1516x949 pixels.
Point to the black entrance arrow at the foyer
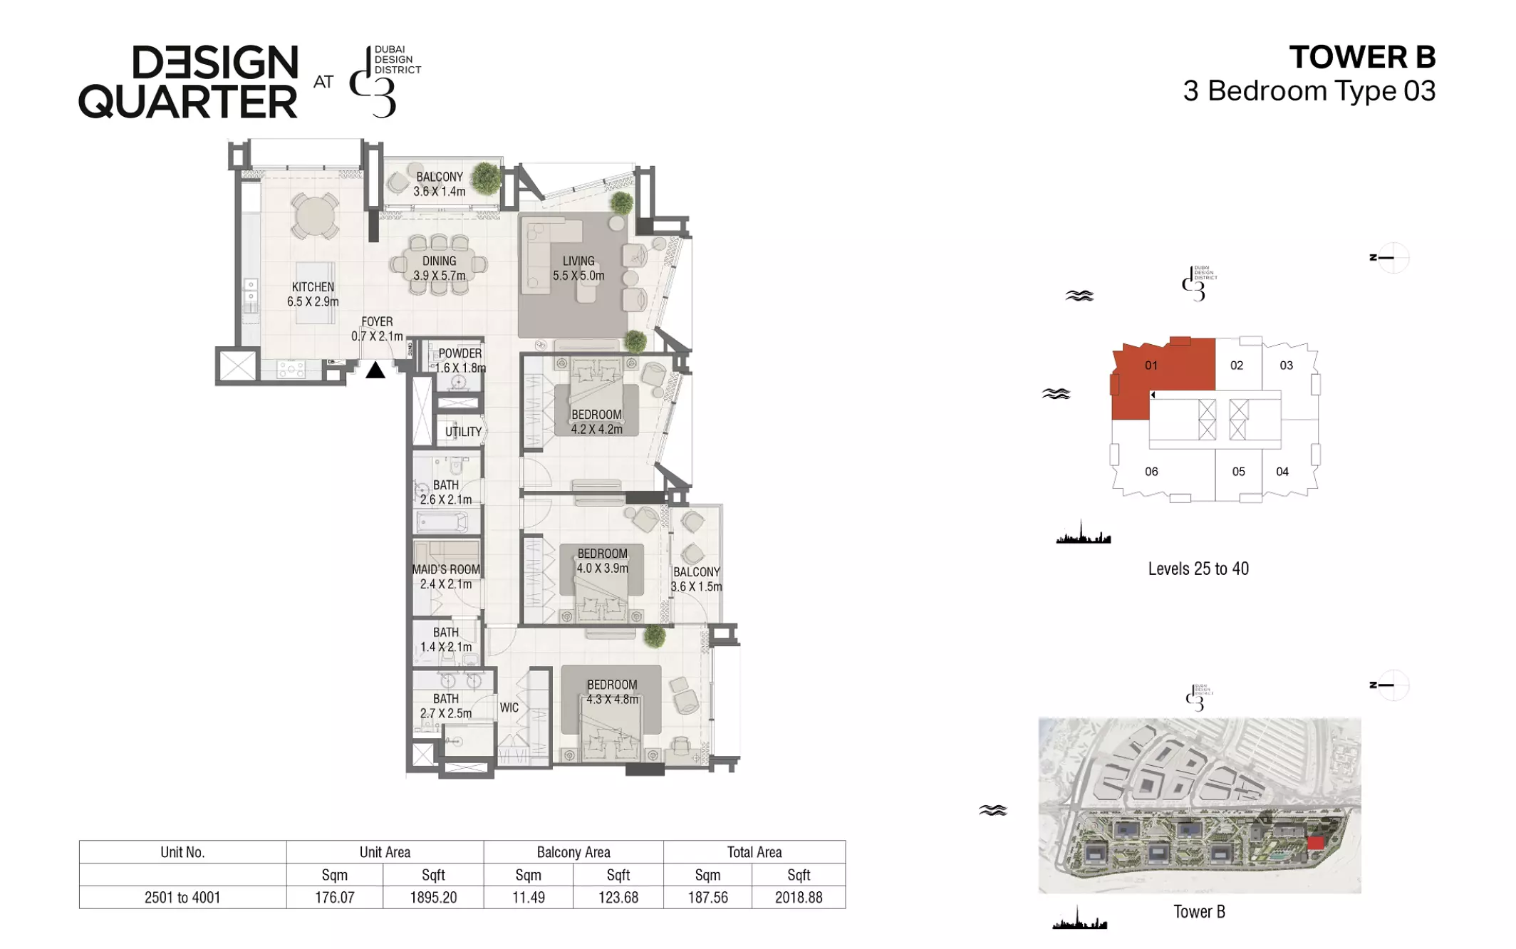click(375, 370)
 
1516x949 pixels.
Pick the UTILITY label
click(463, 432)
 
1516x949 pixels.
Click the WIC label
click(509, 707)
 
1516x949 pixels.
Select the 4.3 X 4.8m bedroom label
click(613, 692)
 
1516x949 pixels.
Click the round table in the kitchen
click(314, 216)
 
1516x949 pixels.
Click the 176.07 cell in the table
click(335, 897)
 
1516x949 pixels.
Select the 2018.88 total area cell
click(799, 897)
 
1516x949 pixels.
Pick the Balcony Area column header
click(573, 852)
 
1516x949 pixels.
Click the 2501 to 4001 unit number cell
click(182, 897)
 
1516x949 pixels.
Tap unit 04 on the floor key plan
click(1282, 471)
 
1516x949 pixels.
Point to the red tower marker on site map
click(1316, 844)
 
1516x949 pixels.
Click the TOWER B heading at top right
click(1362, 57)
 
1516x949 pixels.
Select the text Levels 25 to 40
click(1198, 569)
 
